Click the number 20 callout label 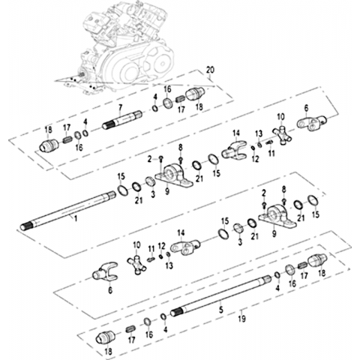pyautogui.click(x=210, y=70)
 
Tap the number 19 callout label pyautogui.click(x=242, y=319)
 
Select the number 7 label pyautogui.click(x=121, y=108)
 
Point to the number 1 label pyautogui.click(x=76, y=218)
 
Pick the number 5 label pyautogui.click(x=221, y=310)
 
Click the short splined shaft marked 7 pyautogui.click(x=122, y=120)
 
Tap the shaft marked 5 pyautogui.click(x=221, y=295)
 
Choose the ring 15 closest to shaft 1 pyautogui.click(x=122, y=190)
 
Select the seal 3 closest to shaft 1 pyautogui.click(x=151, y=181)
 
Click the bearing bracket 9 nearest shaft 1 pyautogui.click(x=174, y=175)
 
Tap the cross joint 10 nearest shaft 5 pyautogui.click(x=136, y=265)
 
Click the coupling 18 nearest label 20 pyautogui.click(x=195, y=94)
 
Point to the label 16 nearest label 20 pyautogui.click(x=167, y=88)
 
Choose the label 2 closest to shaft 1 pyautogui.click(x=149, y=159)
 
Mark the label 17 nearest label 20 pyautogui.click(x=181, y=109)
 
